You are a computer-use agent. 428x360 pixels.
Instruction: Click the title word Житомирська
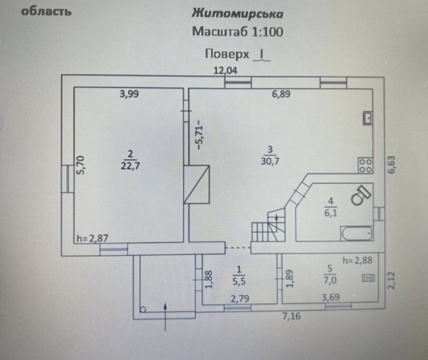pos(237,14)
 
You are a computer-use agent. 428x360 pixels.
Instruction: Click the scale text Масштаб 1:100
pos(237,32)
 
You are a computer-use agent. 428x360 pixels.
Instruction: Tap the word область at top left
pos(46,11)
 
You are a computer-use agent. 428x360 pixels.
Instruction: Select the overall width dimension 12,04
pos(226,71)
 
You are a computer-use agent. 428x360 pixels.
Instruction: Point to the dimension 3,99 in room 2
pos(129,95)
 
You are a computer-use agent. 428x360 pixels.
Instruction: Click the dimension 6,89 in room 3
pos(281,95)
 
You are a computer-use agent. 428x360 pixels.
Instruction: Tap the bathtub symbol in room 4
pos(356,233)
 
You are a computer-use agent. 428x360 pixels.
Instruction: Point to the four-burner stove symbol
pos(365,166)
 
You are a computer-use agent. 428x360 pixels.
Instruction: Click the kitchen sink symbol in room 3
pos(367,117)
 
